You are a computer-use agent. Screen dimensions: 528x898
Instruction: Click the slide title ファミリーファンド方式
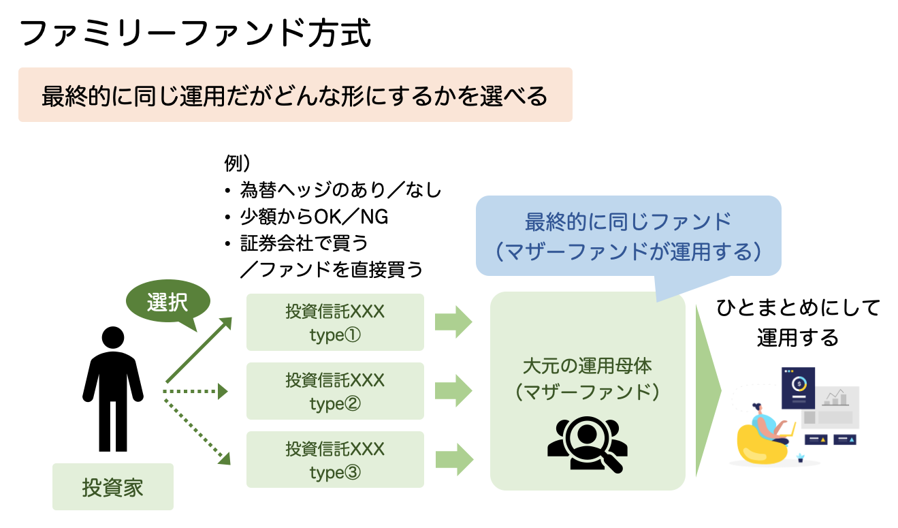coord(196,34)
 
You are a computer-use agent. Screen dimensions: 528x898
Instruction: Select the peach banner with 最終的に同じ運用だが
coord(295,95)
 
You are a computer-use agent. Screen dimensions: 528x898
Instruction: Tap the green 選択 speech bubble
coord(167,303)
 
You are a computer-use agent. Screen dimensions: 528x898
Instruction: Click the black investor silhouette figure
coord(113,389)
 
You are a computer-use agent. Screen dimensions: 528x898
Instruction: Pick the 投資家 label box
coord(113,487)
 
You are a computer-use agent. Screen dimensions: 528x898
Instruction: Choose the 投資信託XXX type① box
coord(335,322)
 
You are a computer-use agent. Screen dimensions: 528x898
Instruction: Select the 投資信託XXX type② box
coord(335,391)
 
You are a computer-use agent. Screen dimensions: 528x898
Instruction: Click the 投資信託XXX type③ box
coord(335,459)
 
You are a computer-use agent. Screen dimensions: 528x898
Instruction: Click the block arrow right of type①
coord(453,322)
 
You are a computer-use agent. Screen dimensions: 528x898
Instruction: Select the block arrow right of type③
coord(453,459)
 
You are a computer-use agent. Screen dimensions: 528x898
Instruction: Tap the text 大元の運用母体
coord(587,366)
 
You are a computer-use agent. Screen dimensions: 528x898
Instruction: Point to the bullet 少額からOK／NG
coord(313,217)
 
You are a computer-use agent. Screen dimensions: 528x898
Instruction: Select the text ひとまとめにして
coord(798,309)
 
